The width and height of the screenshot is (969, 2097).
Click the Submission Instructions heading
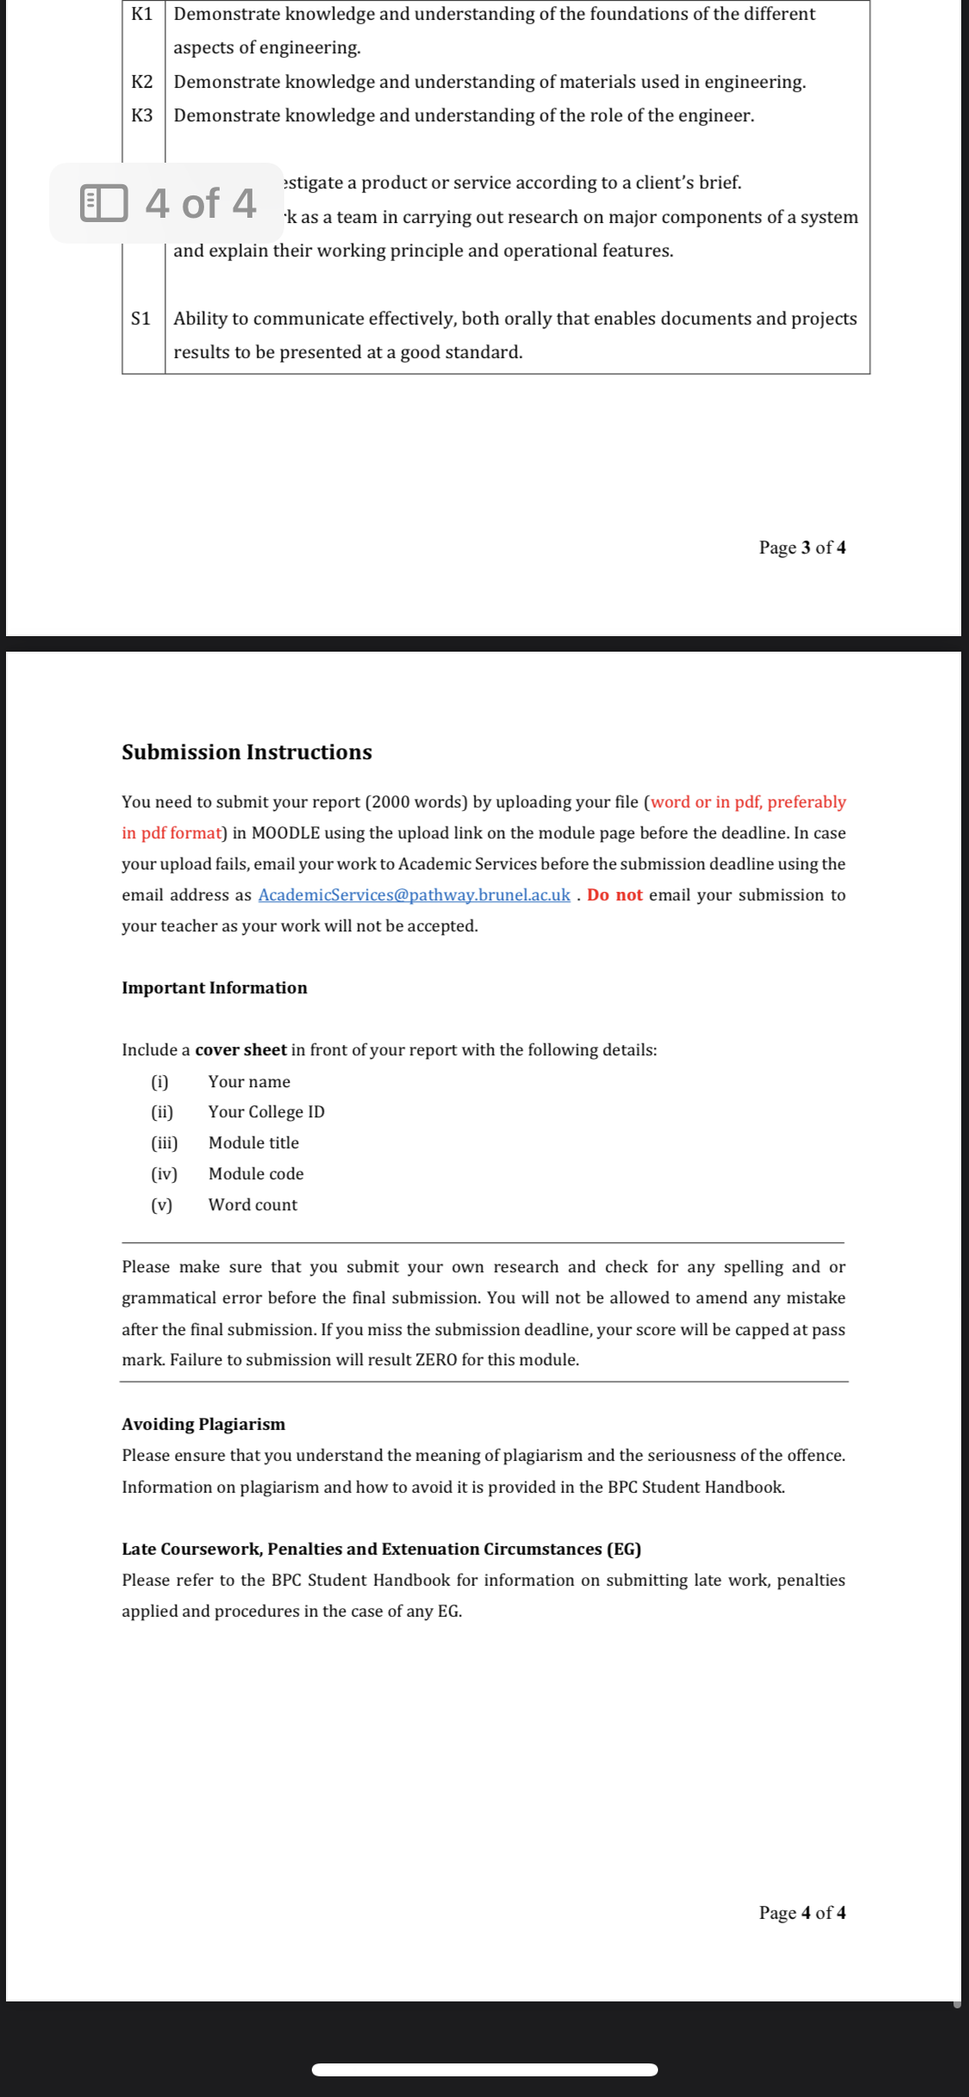pos(246,752)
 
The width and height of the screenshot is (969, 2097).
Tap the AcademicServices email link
pos(413,894)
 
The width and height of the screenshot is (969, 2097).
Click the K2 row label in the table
pos(142,82)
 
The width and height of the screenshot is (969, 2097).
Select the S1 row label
pos(141,319)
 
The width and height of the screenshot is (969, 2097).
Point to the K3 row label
pos(142,115)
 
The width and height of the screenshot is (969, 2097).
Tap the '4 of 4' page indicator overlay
pos(200,203)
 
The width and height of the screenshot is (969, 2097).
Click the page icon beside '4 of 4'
pos(103,203)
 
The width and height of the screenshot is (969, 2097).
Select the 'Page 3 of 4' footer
pos(801,547)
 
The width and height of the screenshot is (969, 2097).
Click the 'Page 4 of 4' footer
pos(801,1912)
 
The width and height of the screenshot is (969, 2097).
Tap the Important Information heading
pos(214,987)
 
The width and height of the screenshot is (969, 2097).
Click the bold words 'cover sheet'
pos(240,1049)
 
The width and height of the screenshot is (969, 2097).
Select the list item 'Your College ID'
pos(266,1111)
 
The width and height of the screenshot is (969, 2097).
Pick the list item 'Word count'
pos(252,1204)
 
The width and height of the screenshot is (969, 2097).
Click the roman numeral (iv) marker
pos(164,1173)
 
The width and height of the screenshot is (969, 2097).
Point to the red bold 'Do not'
pos(614,894)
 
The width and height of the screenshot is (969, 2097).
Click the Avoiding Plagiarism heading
pos(203,1424)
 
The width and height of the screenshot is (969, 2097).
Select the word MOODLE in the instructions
pos(285,832)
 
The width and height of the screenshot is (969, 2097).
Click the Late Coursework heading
pos(381,1549)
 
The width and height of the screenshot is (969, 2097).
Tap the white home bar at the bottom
pos(484,2069)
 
